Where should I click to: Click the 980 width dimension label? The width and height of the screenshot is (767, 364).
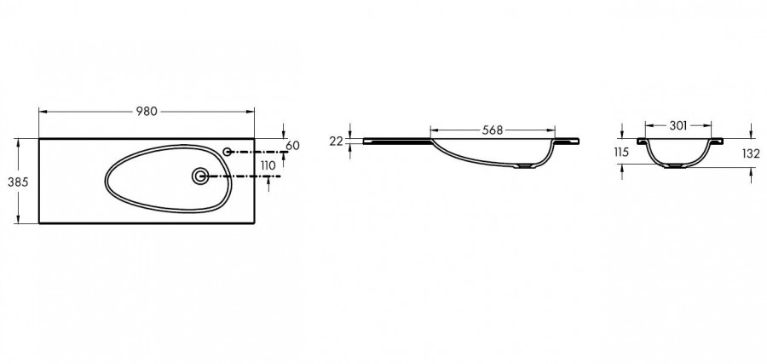pos(147,112)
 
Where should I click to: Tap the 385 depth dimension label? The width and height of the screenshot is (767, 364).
pos(18,182)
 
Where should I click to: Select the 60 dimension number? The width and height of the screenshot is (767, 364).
pos(292,145)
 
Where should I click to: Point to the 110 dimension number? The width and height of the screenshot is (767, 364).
pos(268,166)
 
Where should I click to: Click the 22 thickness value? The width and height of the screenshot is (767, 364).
pos(336,142)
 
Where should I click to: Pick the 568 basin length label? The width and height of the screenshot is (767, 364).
pos(493,130)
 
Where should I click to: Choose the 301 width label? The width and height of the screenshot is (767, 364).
pos(678,125)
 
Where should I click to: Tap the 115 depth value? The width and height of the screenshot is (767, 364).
pos(621,152)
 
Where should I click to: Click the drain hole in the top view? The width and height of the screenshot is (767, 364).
pos(200,176)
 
